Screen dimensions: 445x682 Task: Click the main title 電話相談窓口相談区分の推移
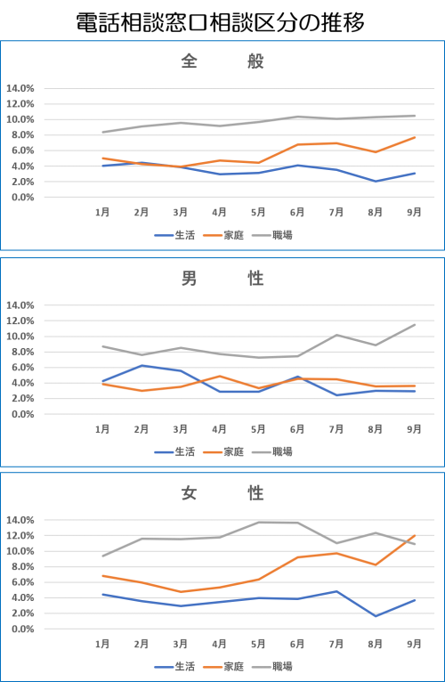[220, 22]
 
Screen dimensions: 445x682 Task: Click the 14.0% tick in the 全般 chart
[20, 88]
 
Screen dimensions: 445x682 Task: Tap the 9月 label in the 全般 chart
[414, 212]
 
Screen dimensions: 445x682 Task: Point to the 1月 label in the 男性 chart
[102, 429]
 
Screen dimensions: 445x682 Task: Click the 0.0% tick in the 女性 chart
[22, 629]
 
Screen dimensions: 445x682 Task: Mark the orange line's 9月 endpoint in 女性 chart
[415, 535]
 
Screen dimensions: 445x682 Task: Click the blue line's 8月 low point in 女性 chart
[376, 616]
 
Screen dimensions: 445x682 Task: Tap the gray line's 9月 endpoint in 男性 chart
[415, 324]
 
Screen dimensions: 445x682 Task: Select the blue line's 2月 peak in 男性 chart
[142, 365]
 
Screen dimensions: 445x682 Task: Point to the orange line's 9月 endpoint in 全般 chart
[415, 137]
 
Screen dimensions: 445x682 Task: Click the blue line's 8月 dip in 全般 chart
[376, 182]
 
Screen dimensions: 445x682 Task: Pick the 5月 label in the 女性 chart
[258, 644]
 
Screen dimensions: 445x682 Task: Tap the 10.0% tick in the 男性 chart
[20, 337]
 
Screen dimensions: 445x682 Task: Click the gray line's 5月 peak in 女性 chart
[258, 522]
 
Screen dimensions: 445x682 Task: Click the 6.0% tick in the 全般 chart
[22, 150]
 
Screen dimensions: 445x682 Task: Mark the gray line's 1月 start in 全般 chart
[102, 132]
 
